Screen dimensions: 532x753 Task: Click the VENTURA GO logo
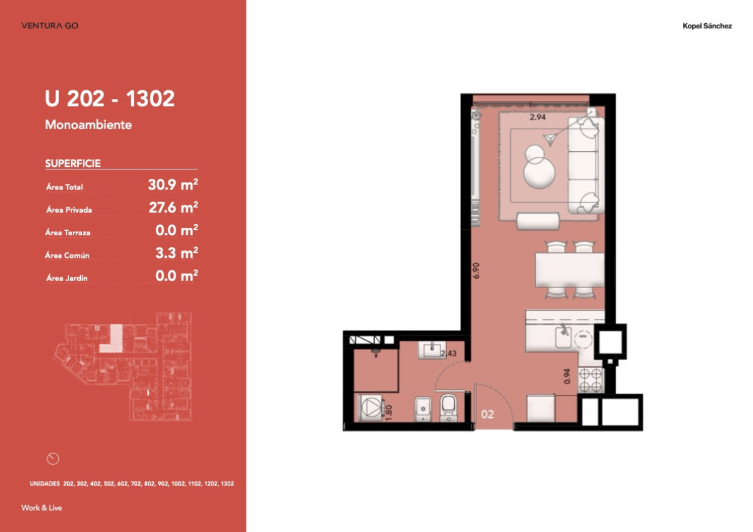(x=50, y=26)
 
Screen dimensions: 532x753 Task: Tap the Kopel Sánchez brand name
(x=707, y=26)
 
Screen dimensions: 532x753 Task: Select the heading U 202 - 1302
(x=110, y=99)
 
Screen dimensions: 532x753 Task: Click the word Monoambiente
(x=88, y=125)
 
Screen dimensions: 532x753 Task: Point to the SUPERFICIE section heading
(x=73, y=164)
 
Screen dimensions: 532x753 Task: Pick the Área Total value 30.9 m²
(x=173, y=185)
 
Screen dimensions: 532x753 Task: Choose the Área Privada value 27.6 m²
(x=173, y=208)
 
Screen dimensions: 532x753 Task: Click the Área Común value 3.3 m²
(x=177, y=253)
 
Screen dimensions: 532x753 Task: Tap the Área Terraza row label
(x=68, y=233)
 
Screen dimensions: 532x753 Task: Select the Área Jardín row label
(x=66, y=278)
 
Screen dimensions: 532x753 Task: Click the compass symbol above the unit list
(x=53, y=459)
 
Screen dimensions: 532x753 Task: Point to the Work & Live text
(x=41, y=508)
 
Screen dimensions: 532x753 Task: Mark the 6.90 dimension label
(x=477, y=270)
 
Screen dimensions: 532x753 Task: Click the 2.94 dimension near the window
(x=538, y=117)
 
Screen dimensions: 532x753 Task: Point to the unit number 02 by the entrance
(x=487, y=415)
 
